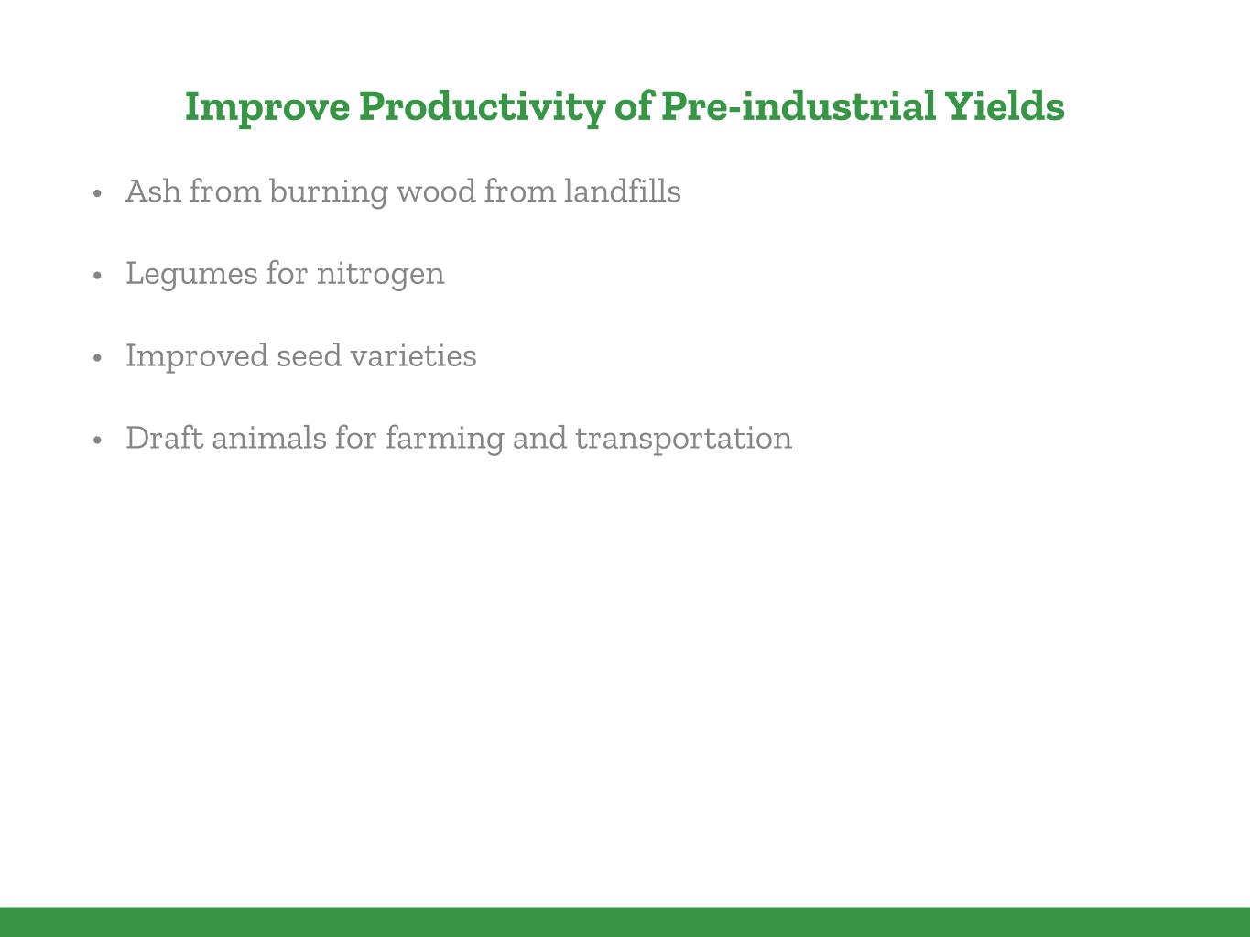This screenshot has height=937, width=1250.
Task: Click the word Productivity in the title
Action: (482, 108)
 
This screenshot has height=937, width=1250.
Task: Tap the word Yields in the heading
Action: (1005, 106)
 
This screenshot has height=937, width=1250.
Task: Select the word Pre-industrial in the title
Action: (799, 106)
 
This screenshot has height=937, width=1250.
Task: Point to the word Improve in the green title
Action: (267, 108)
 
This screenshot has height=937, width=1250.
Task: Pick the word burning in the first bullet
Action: (329, 192)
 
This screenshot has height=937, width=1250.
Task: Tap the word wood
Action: (436, 191)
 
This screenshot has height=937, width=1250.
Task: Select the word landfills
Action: (623, 191)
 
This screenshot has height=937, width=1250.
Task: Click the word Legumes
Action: (192, 275)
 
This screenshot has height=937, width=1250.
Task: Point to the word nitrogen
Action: (380, 275)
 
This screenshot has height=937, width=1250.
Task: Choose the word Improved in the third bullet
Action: (197, 356)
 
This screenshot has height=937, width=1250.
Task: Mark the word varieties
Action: (413, 356)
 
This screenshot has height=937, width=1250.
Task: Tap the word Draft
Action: (165, 438)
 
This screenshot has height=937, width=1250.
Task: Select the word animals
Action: (269, 438)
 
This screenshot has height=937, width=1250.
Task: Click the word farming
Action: (445, 439)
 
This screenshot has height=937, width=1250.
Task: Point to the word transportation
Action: (683, 439)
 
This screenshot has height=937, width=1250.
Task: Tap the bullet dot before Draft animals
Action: (97, 441)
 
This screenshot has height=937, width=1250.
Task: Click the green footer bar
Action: (625, 922)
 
